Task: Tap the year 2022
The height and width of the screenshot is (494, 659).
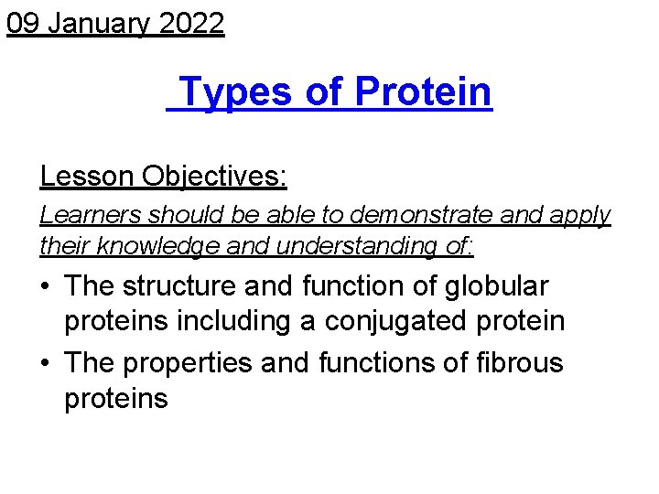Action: pos(191,24)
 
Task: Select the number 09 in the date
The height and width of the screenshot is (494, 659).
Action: pos(23,24)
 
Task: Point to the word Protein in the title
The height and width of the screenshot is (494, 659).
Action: pos(423,92)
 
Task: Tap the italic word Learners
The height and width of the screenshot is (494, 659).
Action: pos(90,215)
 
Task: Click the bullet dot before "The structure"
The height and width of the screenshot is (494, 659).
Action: pos(46,287)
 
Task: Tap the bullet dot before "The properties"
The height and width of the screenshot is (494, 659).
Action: pos(46,364)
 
